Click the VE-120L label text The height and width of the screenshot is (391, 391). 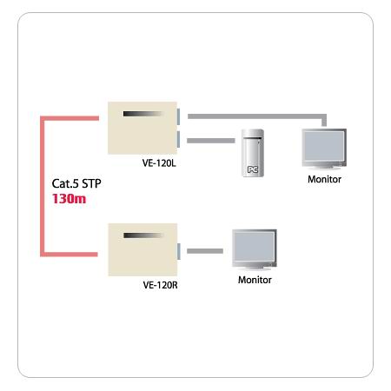tap(159, 163)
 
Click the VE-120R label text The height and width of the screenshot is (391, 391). tap(160, 285)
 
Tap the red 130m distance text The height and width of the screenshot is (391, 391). tap(69, 199)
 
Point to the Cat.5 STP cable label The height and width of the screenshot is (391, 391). tap(76, 183)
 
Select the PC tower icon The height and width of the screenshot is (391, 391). tap(253, 153)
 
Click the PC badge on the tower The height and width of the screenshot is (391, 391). tap(253, 169)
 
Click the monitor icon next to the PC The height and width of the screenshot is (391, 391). tap(324, 149)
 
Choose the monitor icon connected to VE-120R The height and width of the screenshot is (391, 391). tap(255, 249)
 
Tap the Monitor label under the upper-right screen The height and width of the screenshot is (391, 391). tap(324, 179)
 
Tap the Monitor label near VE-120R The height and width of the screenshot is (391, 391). tap(255, 280)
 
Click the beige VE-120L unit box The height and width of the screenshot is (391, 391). tap(142, 128)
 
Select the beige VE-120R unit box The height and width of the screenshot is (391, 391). tap(142, 249)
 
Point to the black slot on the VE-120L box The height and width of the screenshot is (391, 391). tap(142, 114)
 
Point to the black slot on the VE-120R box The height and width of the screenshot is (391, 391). tap(142, 235)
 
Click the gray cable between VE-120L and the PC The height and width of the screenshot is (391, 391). tap(211, 141)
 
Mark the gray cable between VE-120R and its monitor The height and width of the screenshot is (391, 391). tap(205, 251)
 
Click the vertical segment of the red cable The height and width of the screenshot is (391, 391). tap(43, 186)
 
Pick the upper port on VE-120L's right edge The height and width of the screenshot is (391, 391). tap(178, 116)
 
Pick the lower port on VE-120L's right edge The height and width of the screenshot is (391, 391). tap(178, 139)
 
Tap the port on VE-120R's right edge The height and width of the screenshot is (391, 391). tap(179, 251)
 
